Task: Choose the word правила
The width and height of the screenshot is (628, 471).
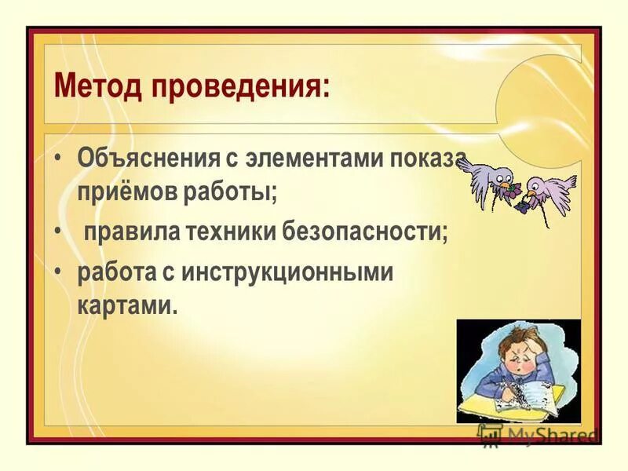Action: point(131,232)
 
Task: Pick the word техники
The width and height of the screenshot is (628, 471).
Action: point(234,232)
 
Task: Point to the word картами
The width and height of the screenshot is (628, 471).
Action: point(127,305)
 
